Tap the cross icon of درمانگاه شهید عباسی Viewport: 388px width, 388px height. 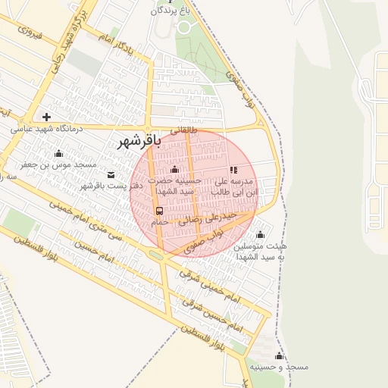click(x=47, y=117)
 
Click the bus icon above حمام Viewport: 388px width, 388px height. click(x=159, y=211)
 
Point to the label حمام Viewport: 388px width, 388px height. click(x=159, y=223)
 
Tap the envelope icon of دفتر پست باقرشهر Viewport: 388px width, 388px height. click(x=111, y=174)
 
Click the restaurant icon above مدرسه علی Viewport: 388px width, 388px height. click(x=233, y=171)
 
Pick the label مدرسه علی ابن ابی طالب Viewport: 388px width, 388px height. click(x=236, y=187)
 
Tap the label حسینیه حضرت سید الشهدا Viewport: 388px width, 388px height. click(x=175, y=186)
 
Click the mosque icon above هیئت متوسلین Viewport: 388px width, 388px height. click(x=261, y=234)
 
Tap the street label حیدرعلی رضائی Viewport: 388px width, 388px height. click(x=207, y=219)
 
